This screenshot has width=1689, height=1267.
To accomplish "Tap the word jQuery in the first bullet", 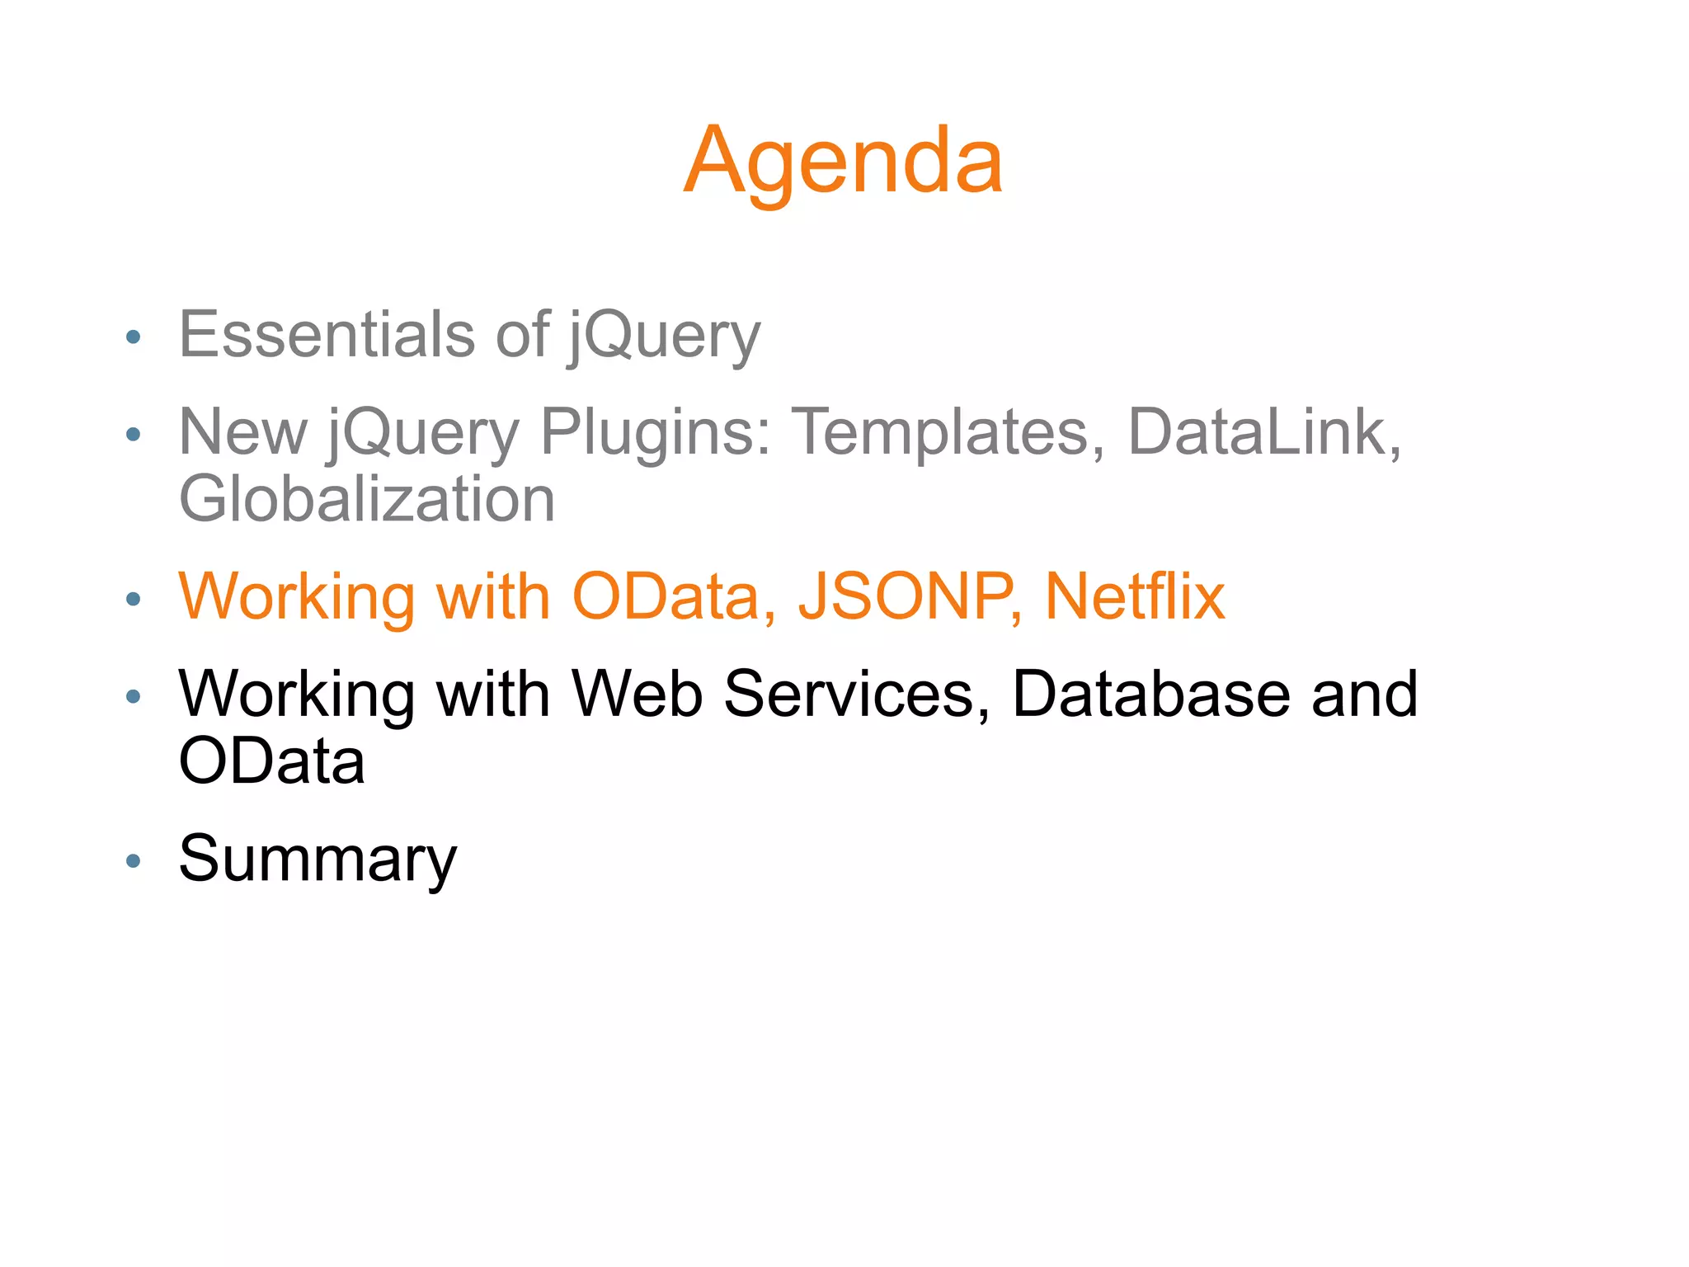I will (664, 337).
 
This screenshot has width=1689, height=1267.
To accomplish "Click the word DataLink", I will (1263, 432).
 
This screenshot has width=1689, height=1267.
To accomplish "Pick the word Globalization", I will (367, 500).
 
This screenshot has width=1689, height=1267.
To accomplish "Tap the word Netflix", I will (1135, 596).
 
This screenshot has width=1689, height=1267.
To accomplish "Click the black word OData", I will (271, 761).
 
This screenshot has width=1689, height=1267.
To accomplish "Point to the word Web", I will (637, 694).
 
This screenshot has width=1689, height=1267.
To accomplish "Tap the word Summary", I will (318, 860).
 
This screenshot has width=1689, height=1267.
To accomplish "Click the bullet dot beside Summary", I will (134, 862).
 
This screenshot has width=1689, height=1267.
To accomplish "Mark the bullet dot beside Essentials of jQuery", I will (134, 337).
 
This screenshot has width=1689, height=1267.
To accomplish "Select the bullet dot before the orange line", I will (134, 599).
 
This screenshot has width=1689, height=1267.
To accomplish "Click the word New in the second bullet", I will (243, 432).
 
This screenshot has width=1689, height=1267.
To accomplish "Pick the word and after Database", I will (1364, 694).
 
